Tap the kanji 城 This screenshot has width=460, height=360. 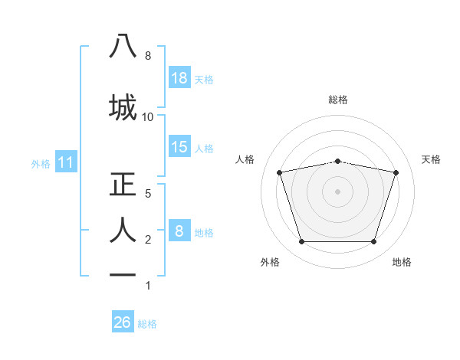tap(123, 106)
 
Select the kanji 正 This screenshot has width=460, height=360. tap(123, 185)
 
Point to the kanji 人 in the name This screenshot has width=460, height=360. tap(123, 229)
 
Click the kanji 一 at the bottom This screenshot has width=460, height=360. tap(123, 274)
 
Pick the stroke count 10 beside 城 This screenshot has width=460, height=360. tap(148, 116)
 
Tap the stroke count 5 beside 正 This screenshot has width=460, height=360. tap(148, 193)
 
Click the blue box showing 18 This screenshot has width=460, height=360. tap(179, 78)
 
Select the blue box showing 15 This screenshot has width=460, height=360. tap(179, 148)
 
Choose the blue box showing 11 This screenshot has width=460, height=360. tap(66, 162)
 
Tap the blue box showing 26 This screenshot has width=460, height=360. tap(123, 323)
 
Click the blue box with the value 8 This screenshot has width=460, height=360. tap(179, 231)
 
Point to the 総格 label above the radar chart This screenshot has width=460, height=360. tap(338, 100)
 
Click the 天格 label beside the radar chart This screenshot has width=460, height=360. tap(432, 159)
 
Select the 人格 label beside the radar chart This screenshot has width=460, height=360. tap(245, 159)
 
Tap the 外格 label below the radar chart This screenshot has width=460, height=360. tap(270, 262)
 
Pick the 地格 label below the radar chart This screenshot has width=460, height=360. tap(402, 262)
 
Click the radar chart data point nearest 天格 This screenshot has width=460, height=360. tap(396, 172)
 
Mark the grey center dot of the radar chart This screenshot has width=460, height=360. tap(338, 191)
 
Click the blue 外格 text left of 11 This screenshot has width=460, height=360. tap(40, 163)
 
